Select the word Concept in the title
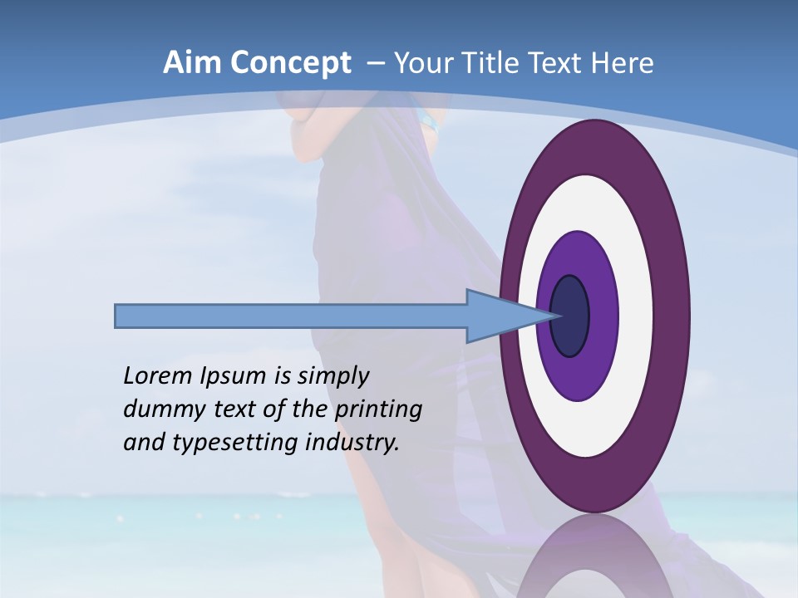(291, 63)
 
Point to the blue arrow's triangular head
(499, 316)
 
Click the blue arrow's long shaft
(291, 316)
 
